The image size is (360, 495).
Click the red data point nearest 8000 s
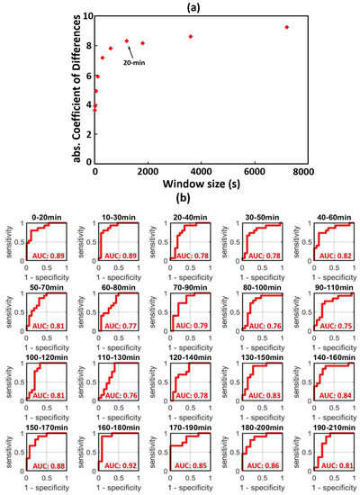(x=286, y=27)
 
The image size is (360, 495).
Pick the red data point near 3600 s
(x=191, y=36)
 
